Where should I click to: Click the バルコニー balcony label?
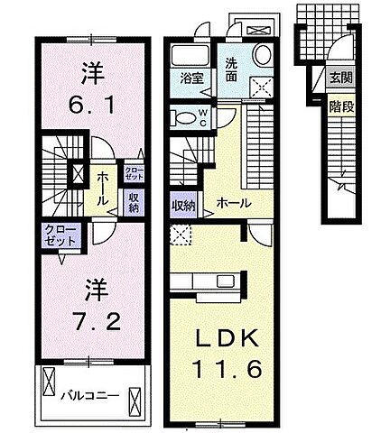85,395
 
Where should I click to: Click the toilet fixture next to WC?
187,116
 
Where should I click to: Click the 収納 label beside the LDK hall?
183,206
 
